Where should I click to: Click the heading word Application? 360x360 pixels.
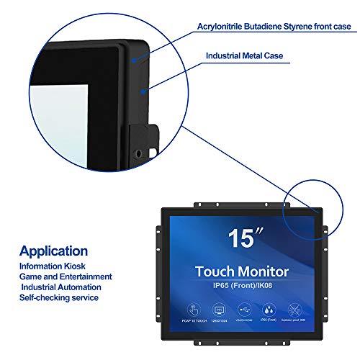tap(54, 252)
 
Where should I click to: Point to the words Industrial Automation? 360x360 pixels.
tap(62, 287)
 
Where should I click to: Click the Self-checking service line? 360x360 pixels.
tap(59, 297)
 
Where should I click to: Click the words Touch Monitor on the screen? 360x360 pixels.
tap(242, 271)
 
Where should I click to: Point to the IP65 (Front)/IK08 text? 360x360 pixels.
tap(242, 286)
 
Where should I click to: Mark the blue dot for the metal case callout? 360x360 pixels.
tap(145, 91)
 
